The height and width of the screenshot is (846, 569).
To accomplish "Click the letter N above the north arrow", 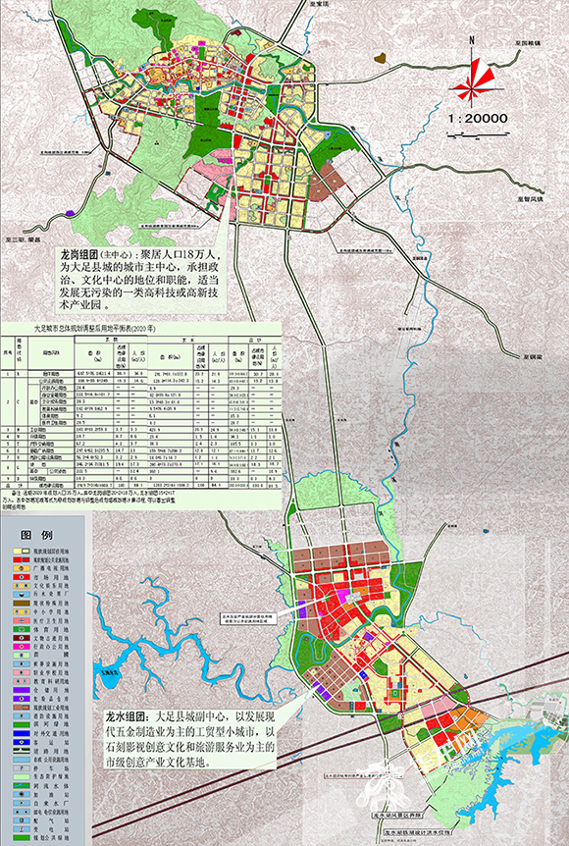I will [x=473, y=41].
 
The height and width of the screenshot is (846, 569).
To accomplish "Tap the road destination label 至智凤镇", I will [x=531, y=196].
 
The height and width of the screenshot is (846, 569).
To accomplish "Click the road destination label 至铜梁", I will [x=536, y=357].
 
